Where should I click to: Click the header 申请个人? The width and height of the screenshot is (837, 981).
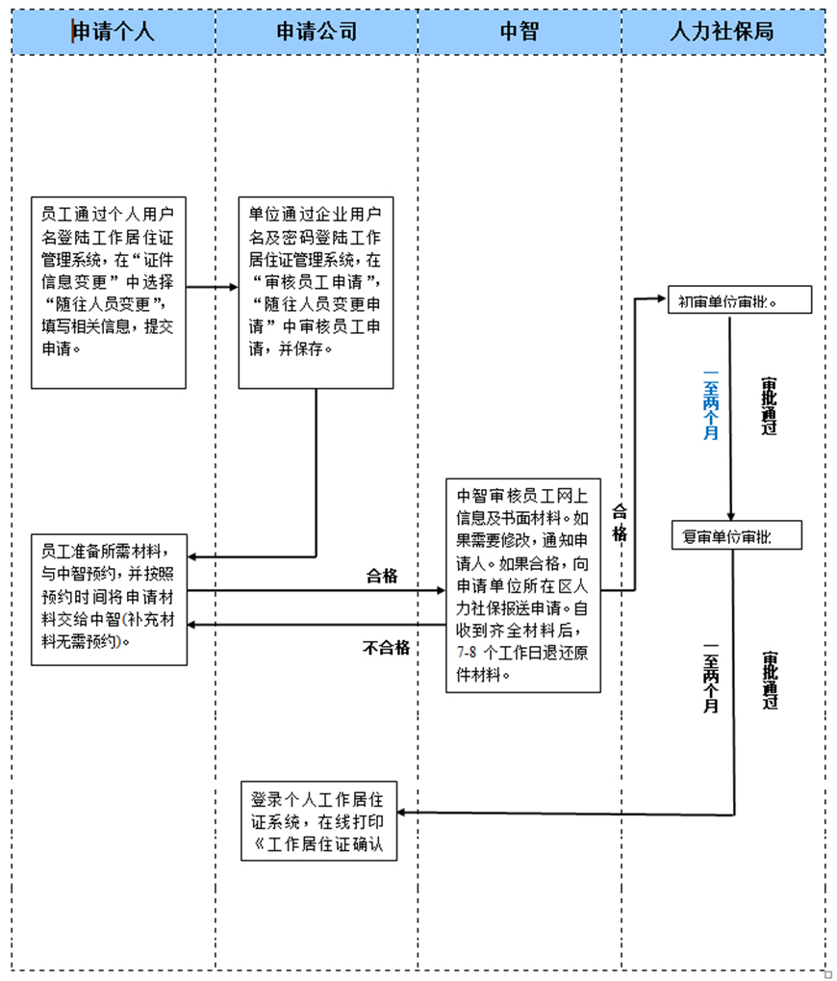(114, 32)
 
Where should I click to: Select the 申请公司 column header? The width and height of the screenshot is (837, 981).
(317, 32)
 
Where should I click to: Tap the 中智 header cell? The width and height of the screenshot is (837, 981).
(520, 32)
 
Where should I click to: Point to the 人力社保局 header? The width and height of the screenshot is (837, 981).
(723, 32)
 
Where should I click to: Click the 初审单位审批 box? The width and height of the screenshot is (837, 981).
(740, 301)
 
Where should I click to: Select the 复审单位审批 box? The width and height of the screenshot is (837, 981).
(736, 535)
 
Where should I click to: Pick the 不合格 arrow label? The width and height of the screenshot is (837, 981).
(387, 648)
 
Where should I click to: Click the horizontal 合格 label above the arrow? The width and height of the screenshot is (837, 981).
(382, 577)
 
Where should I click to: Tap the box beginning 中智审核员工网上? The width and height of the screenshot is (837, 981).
(522, 584)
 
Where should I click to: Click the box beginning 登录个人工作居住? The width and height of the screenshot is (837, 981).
(318, 821)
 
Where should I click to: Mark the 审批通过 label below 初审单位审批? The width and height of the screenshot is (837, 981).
(768, 405)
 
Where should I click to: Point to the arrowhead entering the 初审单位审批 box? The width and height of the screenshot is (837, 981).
(662, 299)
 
